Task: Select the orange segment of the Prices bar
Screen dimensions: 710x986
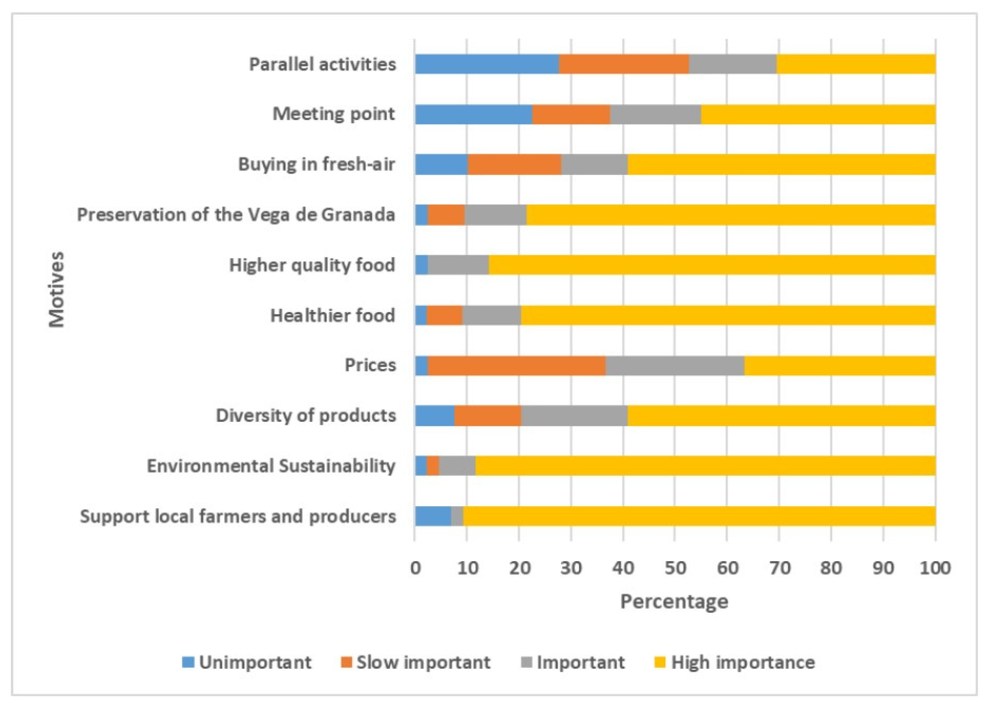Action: pos(516,365)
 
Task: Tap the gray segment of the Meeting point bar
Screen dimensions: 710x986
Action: pos(656,114)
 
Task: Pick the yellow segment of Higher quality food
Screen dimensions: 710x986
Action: pos(712,265)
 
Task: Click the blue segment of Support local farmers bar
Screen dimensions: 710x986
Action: pos(433,516)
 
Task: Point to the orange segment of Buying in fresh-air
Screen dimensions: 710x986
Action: pos(514,165)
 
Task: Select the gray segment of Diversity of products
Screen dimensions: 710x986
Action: pos(574,415)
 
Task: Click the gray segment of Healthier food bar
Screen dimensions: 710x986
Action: pos(491,315)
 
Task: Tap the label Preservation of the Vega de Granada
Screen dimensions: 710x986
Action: pos(236,215)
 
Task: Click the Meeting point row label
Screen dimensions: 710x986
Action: pos(334,114)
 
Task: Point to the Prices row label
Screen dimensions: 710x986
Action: pos(370,365)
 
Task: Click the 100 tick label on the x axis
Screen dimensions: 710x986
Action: pos(935,568)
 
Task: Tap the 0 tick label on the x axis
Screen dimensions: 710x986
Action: pos(415,568)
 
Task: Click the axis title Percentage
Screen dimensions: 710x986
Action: pos(674,602)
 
